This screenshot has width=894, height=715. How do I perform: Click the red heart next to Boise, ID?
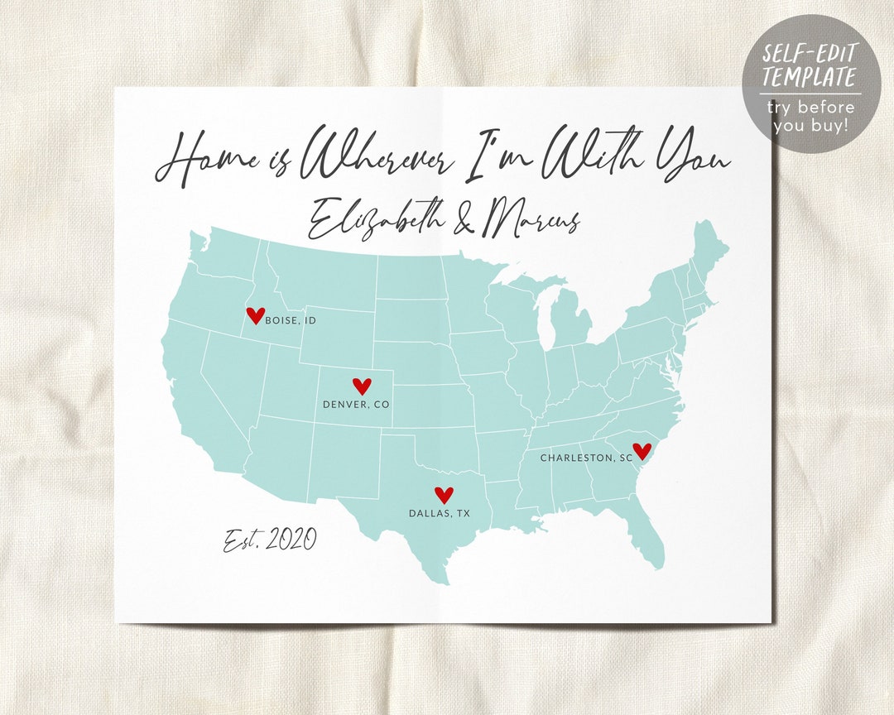[256, 315]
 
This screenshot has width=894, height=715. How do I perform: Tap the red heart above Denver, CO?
[362, 386]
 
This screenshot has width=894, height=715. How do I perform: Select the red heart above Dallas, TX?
[445, 495]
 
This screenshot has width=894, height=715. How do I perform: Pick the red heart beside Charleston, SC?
[642, 451]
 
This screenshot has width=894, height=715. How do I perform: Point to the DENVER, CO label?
[356, 405]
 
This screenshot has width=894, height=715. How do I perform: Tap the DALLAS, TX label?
[439, 514]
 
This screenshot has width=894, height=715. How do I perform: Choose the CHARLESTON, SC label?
[586, 458]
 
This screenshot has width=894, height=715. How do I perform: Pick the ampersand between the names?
[458, 220]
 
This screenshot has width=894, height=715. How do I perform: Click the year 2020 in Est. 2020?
[291, 540]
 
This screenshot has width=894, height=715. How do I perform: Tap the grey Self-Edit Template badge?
[810, 83]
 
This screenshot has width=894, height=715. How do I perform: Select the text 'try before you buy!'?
[810, 116]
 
